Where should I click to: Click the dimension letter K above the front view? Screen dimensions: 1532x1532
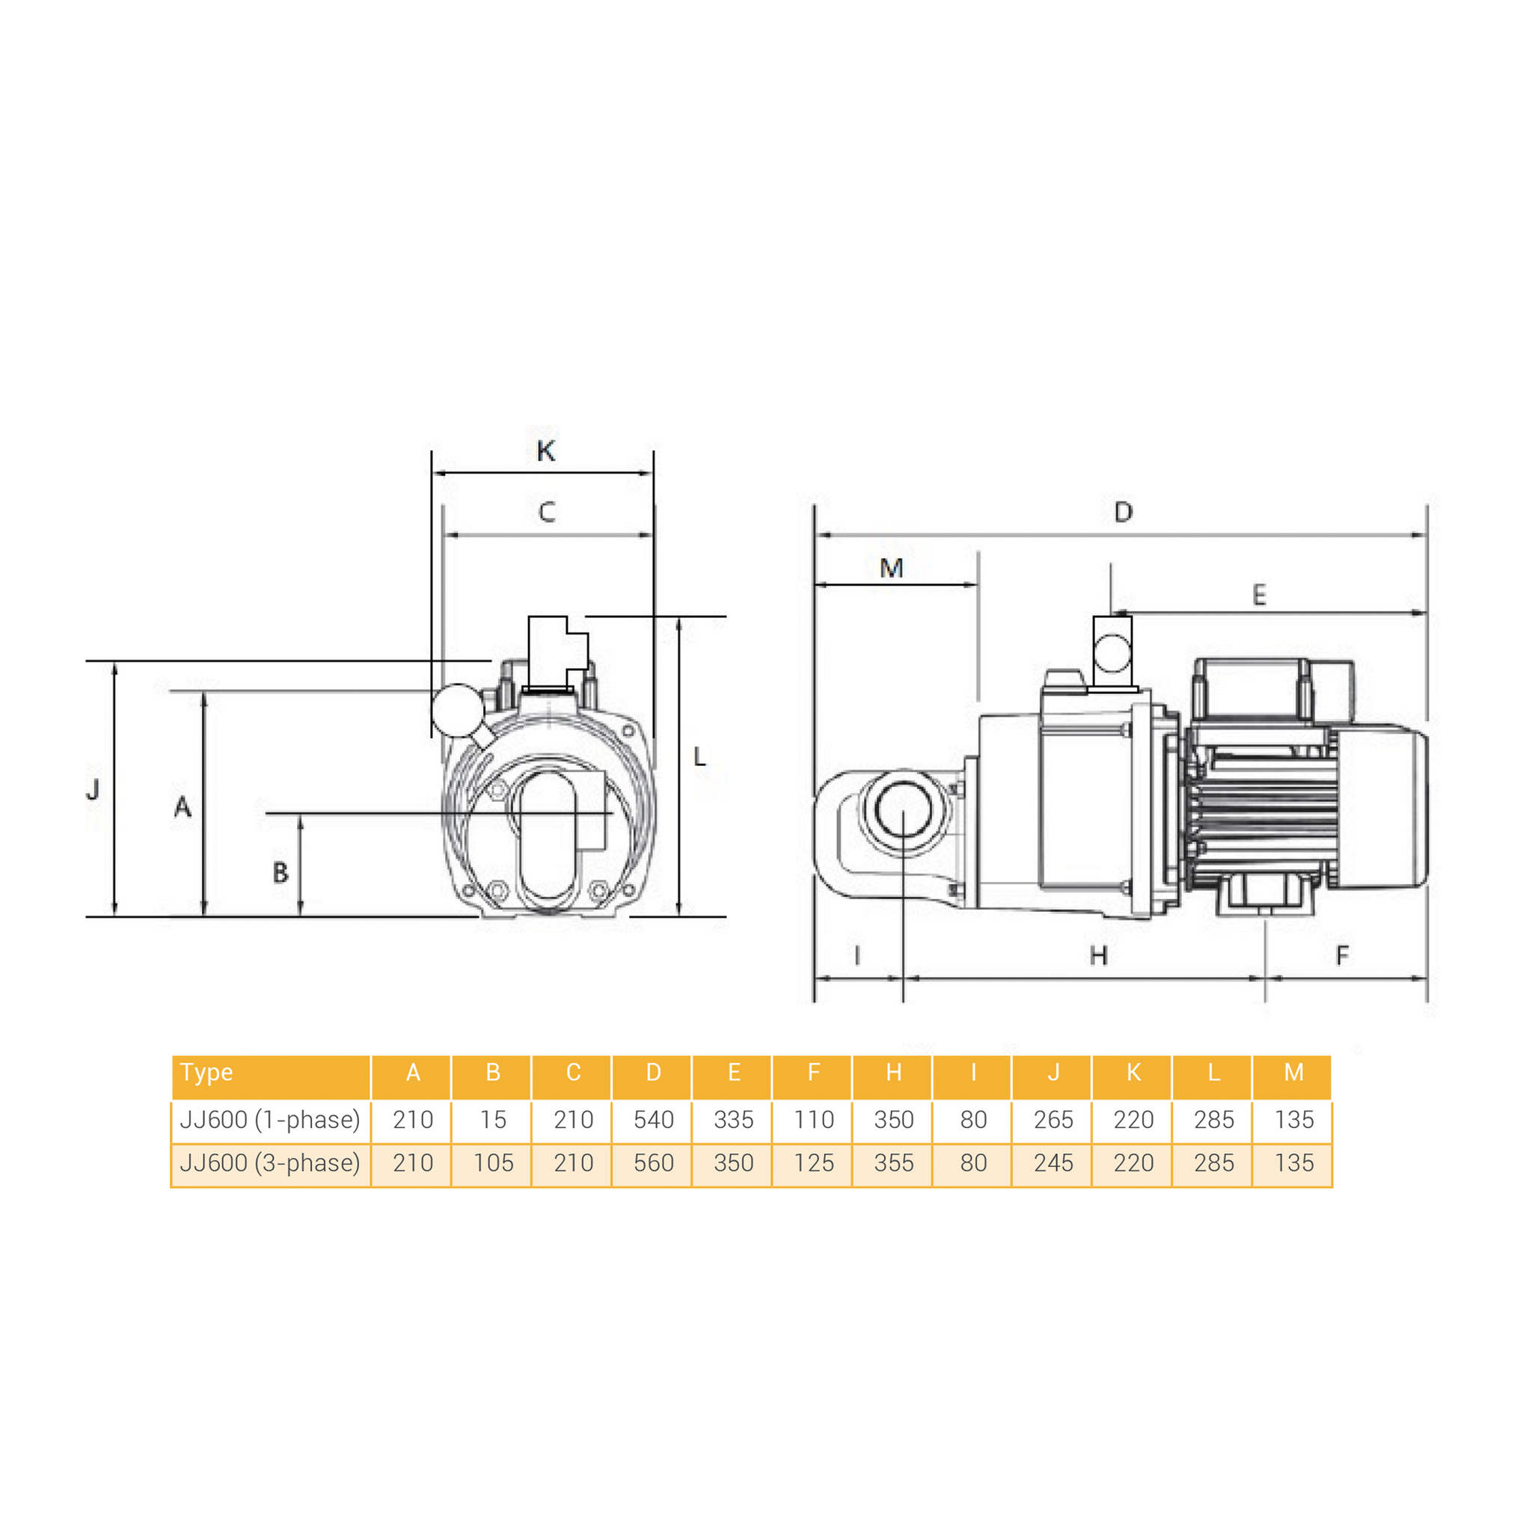(x=545, y=451)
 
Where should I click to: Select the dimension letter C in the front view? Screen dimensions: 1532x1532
(x=546, y=512)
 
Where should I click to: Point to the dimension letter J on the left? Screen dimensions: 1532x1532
(x=93, y=789)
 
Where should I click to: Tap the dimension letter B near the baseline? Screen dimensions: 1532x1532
(x=280, y=873)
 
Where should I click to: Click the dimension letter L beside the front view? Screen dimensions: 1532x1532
(x=699, y=756)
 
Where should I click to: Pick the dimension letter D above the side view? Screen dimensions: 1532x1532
(x=1123, y=512)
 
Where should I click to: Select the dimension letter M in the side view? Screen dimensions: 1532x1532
(x=891, y=568)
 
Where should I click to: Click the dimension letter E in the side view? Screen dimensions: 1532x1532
(x=1258, y=595)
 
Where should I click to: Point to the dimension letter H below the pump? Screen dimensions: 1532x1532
(x=1098, y=955)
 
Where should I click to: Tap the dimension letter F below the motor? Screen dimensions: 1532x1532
(x=1342, y=955)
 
